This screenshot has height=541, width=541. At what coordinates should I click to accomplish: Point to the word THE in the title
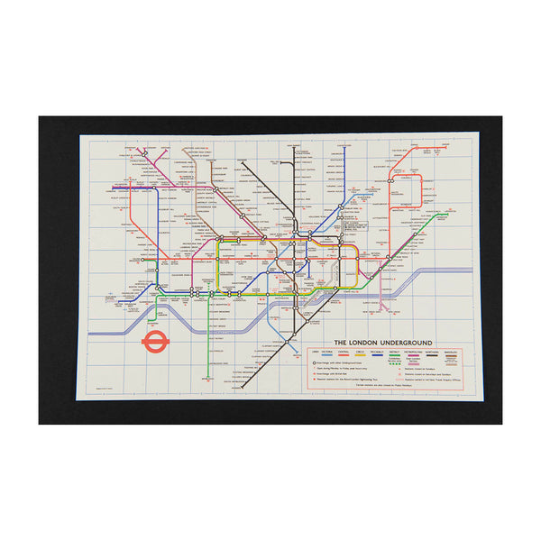(342, 343)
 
